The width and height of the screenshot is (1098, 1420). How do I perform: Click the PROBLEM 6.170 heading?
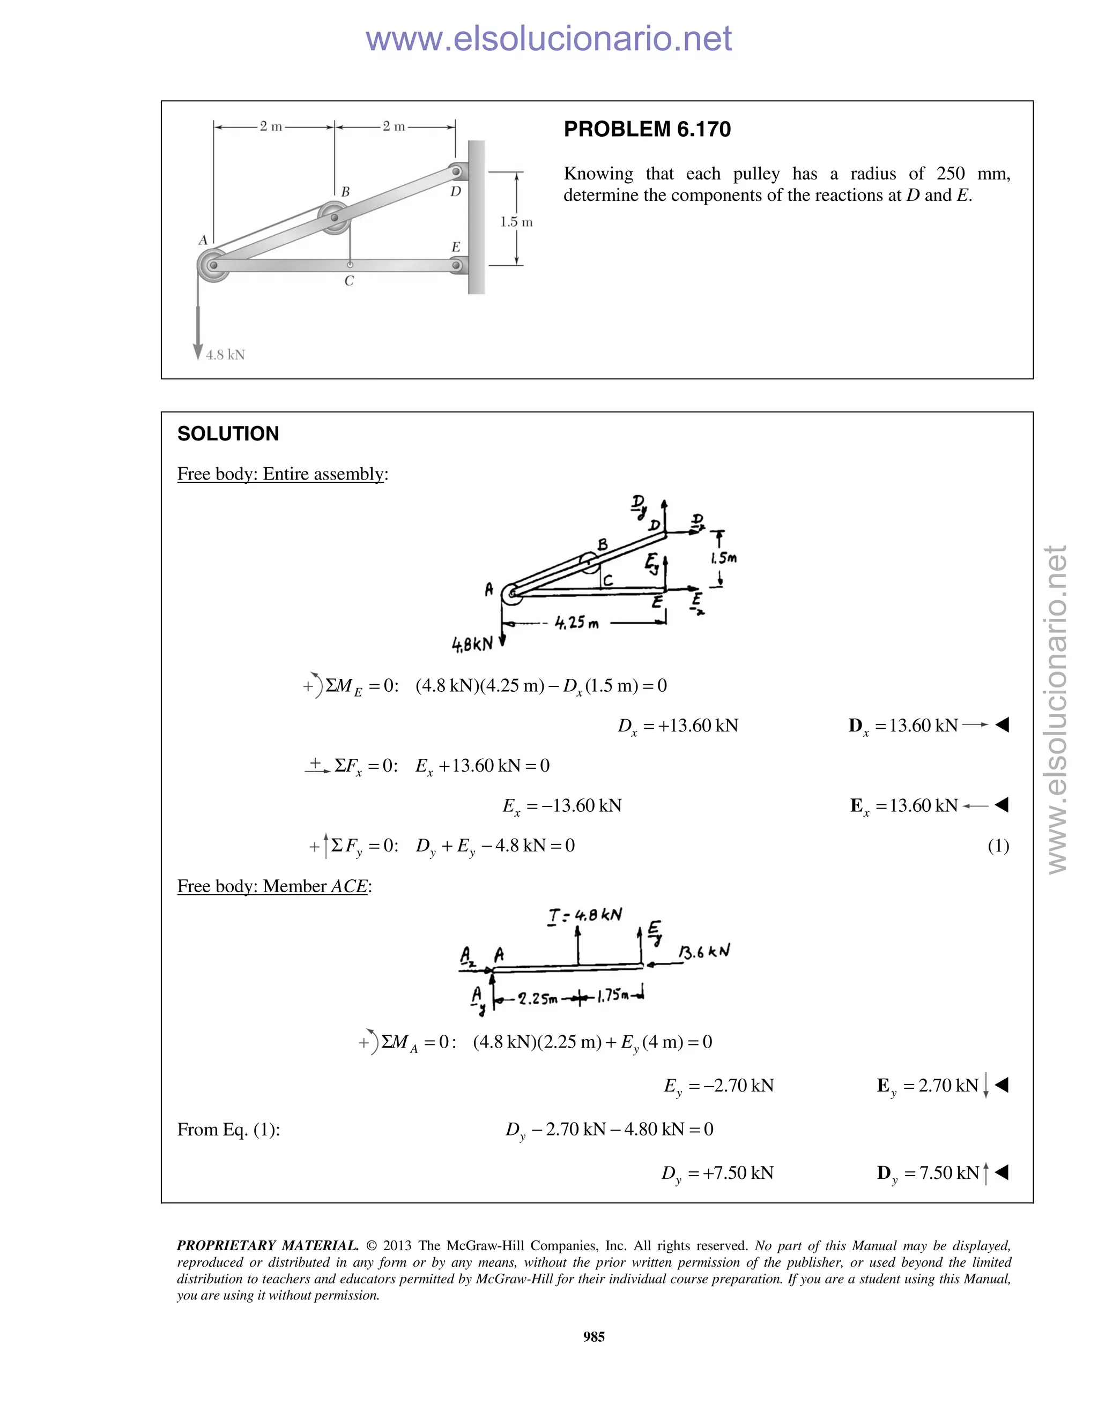coord(647,129)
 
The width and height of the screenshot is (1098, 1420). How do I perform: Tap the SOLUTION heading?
coord(228,434)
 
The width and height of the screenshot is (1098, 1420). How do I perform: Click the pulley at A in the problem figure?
coord(213,265)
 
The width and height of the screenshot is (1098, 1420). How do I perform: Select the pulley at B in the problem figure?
coord(335,216)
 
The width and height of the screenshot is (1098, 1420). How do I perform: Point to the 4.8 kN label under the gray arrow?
coord(225,355)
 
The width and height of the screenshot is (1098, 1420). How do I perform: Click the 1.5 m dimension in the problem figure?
coord(516,222)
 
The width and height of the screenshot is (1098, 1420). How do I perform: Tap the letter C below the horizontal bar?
coord(350,281)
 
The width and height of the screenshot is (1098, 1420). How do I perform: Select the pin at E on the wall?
coord(456,265)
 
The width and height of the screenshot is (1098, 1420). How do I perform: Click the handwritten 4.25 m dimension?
coord(576,623)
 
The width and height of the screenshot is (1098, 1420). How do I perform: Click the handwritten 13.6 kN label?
coord(704,952)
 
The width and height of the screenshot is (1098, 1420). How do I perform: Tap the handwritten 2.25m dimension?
coord(537,999)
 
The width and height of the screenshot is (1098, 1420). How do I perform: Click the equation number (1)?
coord(998,846)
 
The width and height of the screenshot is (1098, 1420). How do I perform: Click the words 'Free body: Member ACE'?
coord(273,886)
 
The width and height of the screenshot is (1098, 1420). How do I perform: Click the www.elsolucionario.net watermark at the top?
coord(548,39)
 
